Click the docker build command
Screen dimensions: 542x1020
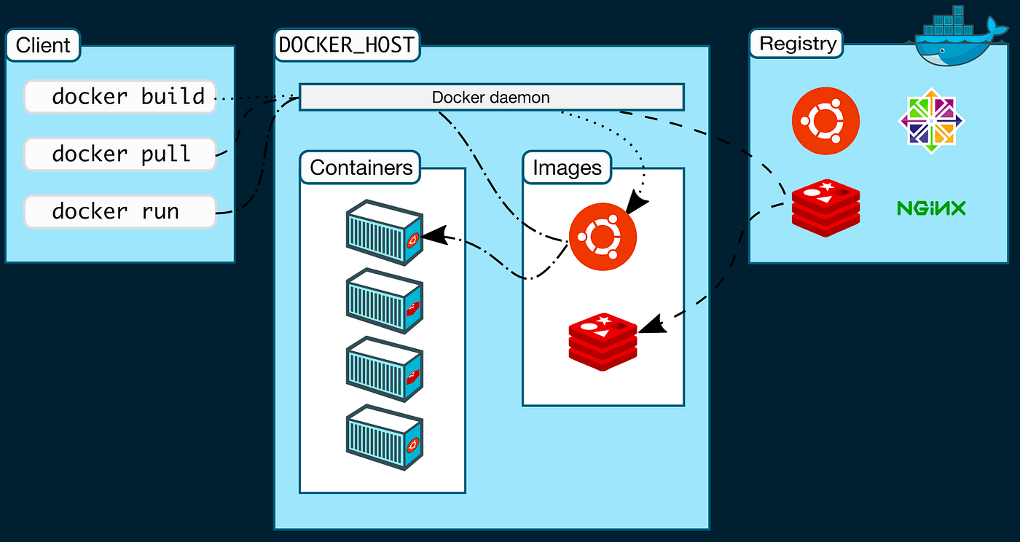(x=120, y=97)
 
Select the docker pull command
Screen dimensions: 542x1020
(x=120, y=154)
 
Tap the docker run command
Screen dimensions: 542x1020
(x=120, y=211)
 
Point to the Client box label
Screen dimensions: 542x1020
(x=44, y=44)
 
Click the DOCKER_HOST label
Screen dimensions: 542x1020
(x=347, y=45)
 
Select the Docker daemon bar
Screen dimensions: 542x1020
(x=491, y=97)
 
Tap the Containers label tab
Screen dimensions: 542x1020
(x=361, y=168)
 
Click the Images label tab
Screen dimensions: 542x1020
(x=568, y=168)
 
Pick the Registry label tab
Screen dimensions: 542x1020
(x=798, y=44)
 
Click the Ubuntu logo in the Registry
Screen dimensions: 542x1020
(x=825, y=121)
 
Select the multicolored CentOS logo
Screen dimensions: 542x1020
(x=931, y=121)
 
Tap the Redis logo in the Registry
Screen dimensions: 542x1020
(x=825, y=209)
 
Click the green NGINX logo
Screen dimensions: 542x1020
(x=931, y=209)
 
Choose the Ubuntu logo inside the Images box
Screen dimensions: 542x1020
(x=603, y=236)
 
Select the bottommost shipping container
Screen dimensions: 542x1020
(x=384, y=437)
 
